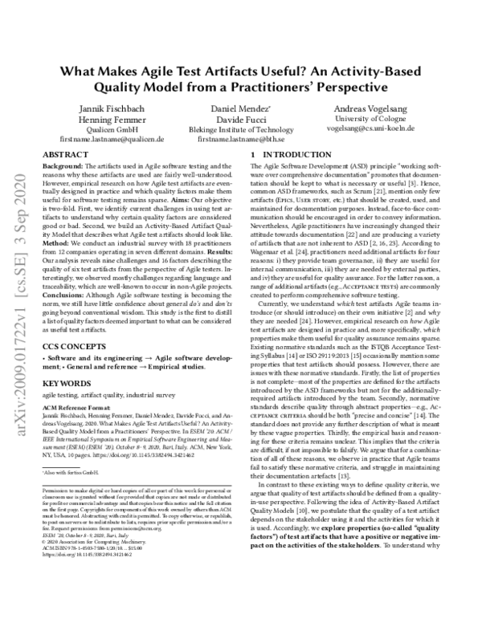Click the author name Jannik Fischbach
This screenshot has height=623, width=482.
click(x=109, y=108)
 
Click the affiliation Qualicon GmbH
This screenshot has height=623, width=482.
click(x=109, y=129)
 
